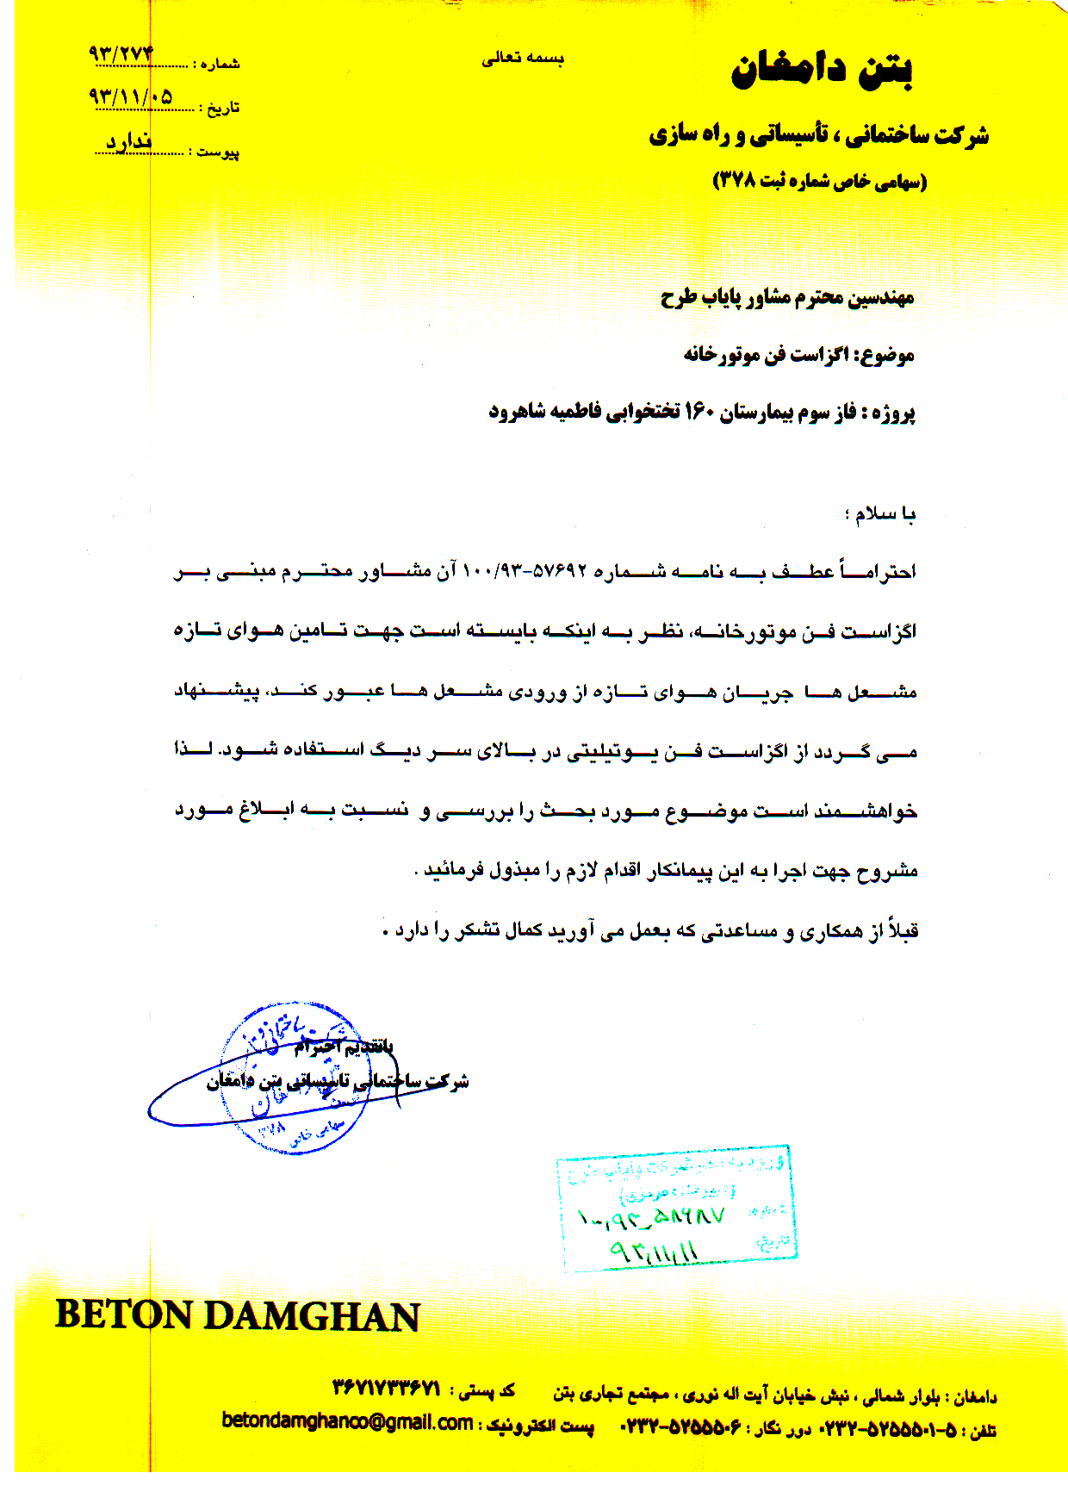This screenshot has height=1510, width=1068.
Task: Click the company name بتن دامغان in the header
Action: pyautogui.click(x=822, y=71)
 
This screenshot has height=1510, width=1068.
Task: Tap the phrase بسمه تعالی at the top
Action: pyautogui.click(x=523, y=59)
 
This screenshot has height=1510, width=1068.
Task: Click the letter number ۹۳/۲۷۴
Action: pyautogui.click(x=121, y=54)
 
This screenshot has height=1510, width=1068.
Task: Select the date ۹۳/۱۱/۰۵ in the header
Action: pyautogui.click(x=130, y=96)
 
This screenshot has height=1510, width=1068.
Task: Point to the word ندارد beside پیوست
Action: pyautogui.click(x=129, y=142)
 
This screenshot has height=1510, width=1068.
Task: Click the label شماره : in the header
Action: pyautogui.click(x=216, y=65)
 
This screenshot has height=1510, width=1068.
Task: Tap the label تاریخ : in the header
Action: pyautogui.click(x=220, y=109)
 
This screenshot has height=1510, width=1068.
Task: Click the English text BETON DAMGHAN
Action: pyautogui.click(x=238, y=1316)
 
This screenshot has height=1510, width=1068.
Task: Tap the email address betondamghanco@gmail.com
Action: pyautogui.click(x=347, y=1421)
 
